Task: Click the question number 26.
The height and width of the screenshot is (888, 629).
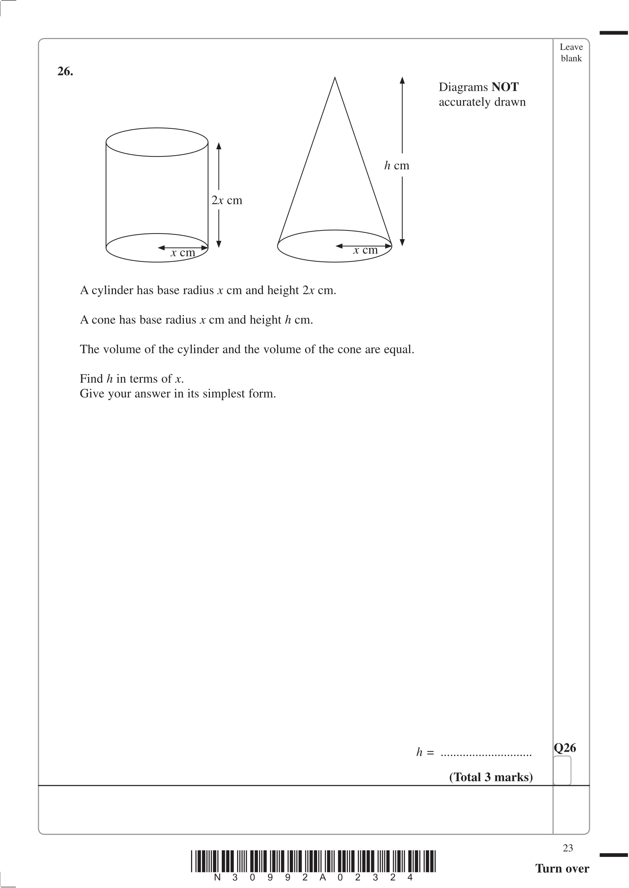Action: tap(65, 71)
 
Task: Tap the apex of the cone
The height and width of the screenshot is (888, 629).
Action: tap(335, 78)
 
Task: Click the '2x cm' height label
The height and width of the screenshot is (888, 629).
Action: tap(227, 200)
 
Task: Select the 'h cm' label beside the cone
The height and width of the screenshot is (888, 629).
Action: tap(397, 166)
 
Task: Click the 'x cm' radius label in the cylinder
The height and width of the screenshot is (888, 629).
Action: tap(183, 253)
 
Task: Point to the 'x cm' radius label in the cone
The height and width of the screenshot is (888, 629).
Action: tap(365, 250)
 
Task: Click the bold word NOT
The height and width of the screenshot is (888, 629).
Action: tap(505, 87)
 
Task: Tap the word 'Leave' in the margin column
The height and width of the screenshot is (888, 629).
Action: tap(571, 47)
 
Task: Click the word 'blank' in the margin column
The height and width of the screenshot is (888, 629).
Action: tap(571, 58)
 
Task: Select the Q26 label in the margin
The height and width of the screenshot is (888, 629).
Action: tap(565, 748)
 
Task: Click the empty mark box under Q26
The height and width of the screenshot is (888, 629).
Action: tap(562, 770)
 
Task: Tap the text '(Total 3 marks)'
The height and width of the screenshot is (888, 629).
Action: tap(491, 777)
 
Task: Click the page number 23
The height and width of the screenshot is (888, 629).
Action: tap(568, 848)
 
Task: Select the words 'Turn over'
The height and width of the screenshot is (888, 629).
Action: tap(562, 868)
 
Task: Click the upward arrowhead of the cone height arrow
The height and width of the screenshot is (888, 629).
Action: tap(402, 80)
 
